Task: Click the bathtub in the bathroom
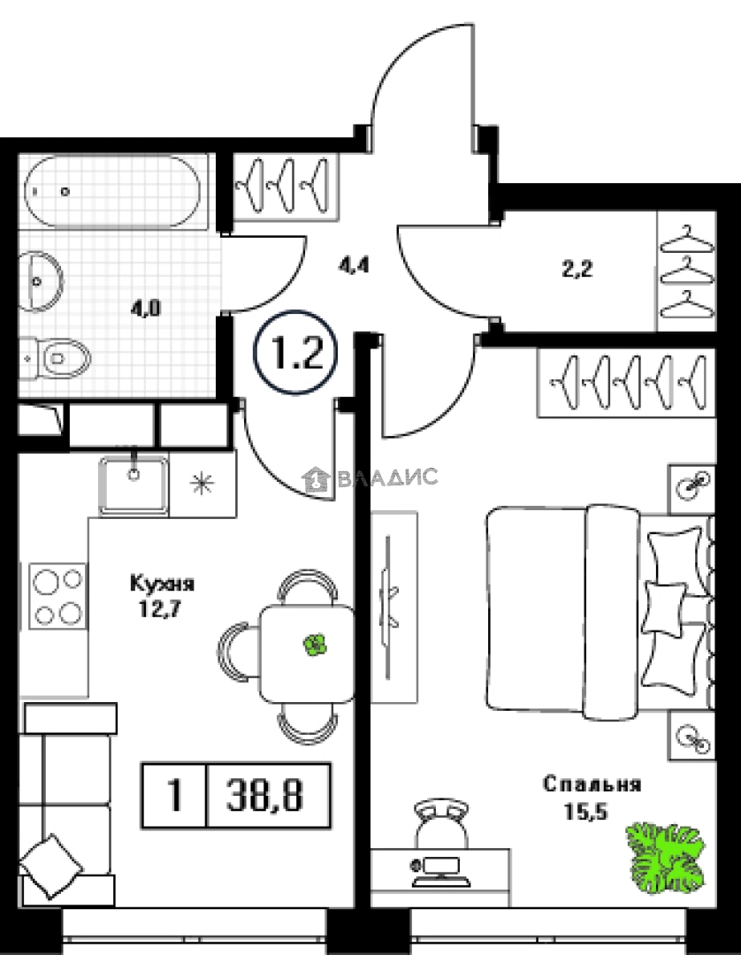[112, 192]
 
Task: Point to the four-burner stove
[57, 596]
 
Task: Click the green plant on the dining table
[315, 645]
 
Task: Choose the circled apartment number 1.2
[295, 354]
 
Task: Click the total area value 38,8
[265, 796]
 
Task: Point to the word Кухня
[162, 584]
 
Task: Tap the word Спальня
[592, 783]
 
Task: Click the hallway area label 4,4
[355, 266]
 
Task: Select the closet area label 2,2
[577, 269]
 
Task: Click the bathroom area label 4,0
[145, 309]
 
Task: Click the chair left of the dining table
[238, 653]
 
